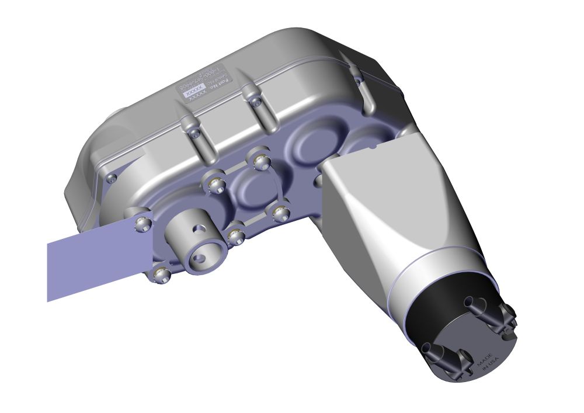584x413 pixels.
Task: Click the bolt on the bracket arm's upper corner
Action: click(141, 223)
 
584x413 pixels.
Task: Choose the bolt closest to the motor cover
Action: click(280, 211)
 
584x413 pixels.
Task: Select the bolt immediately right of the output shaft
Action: click(236, 236)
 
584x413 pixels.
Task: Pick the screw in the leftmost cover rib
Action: click(195, 133)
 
